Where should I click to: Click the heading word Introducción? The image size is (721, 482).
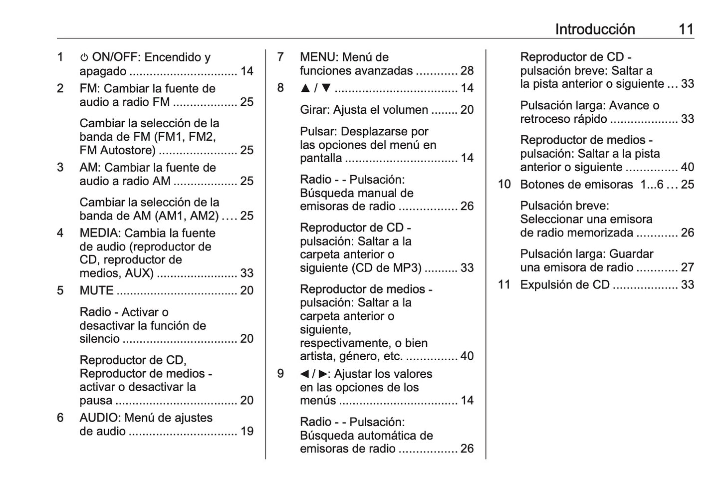point(595,29)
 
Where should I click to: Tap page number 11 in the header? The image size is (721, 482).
point(686,29)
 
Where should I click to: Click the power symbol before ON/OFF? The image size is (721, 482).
point(84,58)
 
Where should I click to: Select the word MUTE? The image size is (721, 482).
point(96,290)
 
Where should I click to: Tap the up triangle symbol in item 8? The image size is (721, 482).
point(305,88)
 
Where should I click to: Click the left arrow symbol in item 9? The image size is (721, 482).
point(304,374)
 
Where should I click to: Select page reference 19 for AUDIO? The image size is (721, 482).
point(247,431)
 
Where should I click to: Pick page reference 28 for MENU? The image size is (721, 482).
point(467,71)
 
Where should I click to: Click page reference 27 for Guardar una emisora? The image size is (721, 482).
point(687,267)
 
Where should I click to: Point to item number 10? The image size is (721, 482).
point(504,185)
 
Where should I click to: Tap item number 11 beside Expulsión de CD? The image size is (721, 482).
point(504,285)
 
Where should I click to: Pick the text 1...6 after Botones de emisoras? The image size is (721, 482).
point(652,185)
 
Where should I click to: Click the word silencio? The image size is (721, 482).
point(99,339)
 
